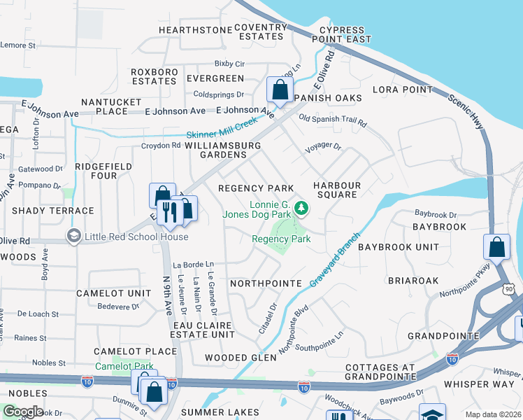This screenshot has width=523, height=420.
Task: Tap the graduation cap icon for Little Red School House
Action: tap(73, 236)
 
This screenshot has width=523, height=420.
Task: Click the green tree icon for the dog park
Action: tap(301, 207)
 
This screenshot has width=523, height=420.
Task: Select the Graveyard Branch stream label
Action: tap(336, 262)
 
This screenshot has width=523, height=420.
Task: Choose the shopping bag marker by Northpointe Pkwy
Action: tap(496, 247)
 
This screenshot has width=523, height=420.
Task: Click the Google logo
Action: tap(22, 411)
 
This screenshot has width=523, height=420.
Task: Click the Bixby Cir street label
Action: tap(229, 63)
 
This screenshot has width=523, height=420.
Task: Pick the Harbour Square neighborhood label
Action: tap(336, 190)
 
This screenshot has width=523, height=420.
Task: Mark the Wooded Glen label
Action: tap(241, 358)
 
